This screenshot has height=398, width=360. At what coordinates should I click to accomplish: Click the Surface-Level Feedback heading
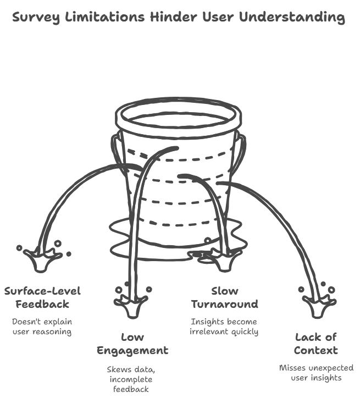[x=42, y=297]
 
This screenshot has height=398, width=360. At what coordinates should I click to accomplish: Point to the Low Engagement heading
[x=132, y=344]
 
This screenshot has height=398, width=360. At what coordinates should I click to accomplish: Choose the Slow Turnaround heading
[x=224, y=297]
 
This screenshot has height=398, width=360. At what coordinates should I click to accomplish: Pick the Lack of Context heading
[x=315, y=344]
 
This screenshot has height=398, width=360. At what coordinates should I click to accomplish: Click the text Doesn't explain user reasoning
[x=42, y=326]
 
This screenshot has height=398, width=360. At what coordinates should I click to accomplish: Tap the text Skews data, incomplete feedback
[x=130, y=379]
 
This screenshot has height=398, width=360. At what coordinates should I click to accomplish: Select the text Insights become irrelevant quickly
[x=224, y=327]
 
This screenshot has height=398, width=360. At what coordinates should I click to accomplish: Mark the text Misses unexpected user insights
[x=316, y=373]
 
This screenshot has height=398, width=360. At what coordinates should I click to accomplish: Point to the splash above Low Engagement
[x=130, y=303]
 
